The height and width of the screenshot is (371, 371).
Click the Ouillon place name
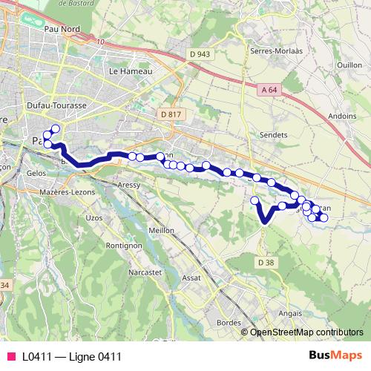tap(349, 65)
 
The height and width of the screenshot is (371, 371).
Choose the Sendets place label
tap(274, 135)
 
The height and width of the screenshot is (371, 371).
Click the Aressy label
tap(129, 184)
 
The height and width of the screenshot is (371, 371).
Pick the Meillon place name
tap(162, 230)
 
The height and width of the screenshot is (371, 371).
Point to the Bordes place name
tap(230, 323)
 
